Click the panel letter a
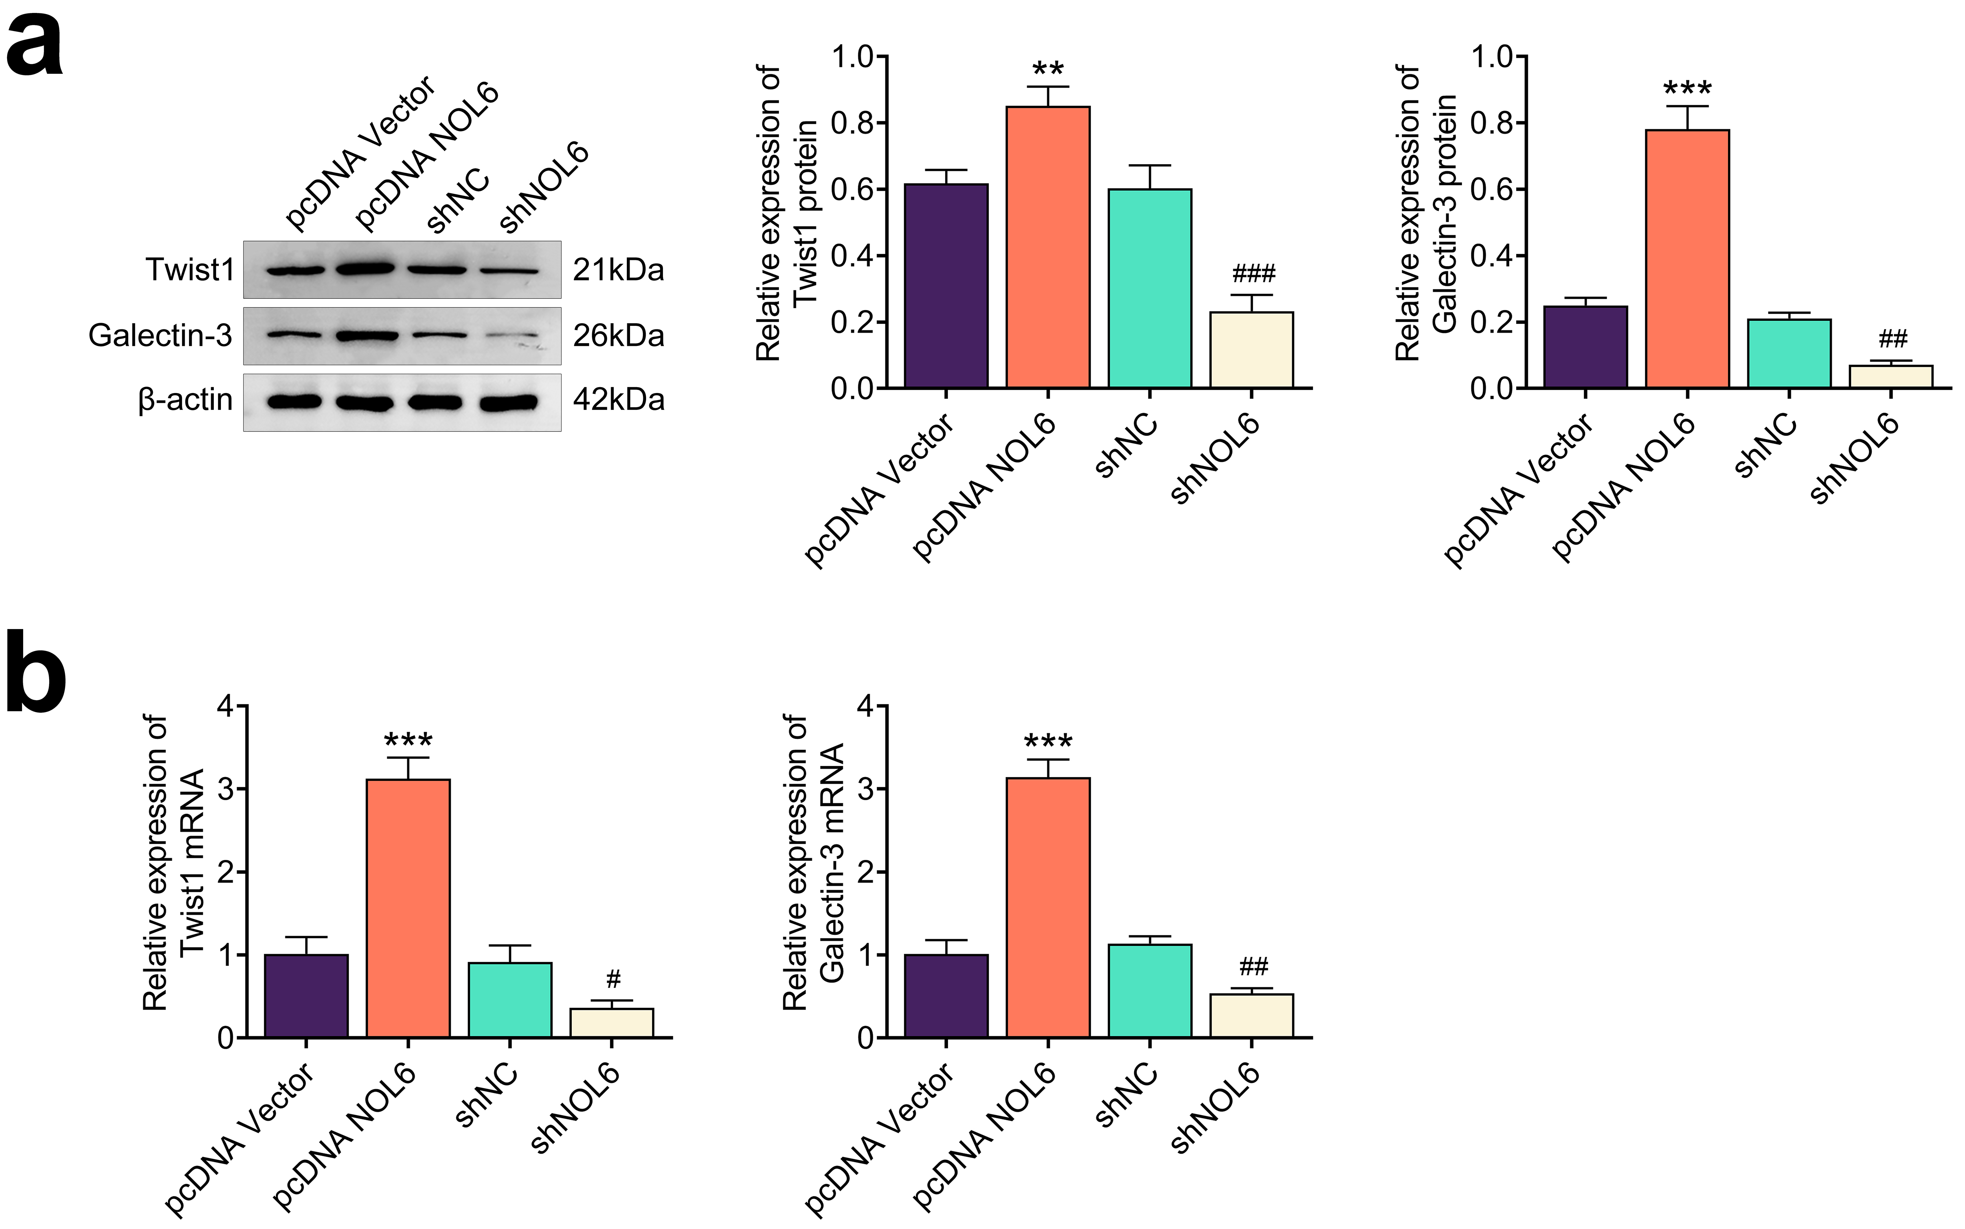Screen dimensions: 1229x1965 point(34,47)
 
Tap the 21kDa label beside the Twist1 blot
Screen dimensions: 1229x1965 point(618,270)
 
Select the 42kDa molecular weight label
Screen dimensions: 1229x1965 point(618,400)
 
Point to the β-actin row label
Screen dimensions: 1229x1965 point(185,400)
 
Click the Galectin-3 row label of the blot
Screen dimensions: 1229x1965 point(160,335)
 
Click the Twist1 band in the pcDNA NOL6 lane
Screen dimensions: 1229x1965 point(365,268)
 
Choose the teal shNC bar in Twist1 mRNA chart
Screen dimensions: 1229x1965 point(510,1000)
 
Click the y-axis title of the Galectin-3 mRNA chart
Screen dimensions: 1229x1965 point(814,861)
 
